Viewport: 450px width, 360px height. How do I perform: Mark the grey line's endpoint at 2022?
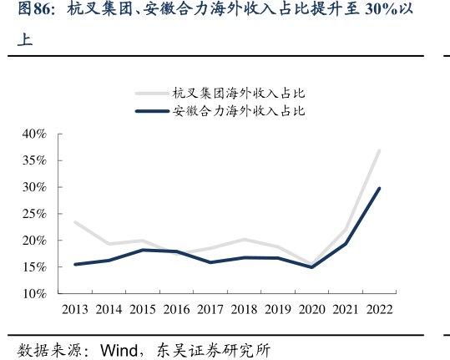(x=379, y=151)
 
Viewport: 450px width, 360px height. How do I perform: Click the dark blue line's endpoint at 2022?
(x=379, y=188)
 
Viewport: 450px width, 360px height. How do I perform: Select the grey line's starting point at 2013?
(x=75, y=222)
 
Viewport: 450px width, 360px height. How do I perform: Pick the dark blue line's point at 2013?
(x=75, y=264)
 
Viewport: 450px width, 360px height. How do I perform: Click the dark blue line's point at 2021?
(x=346, y=244)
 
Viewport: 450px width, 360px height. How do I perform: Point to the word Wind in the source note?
(x=118, y=348)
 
